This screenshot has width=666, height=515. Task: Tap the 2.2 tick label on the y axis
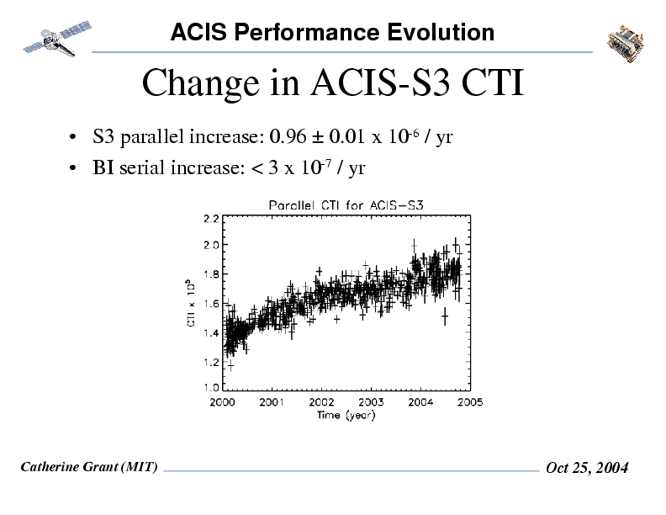click(211, 216)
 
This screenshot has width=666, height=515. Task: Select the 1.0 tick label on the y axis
click(211, 388)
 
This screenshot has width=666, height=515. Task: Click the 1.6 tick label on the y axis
click(211, 302)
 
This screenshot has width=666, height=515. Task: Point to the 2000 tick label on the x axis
click(223, 402)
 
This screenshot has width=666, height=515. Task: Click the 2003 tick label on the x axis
click(371, 402)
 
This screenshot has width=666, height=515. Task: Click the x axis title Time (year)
click(346, 414)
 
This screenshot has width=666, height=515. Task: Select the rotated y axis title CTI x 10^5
click(191, 302)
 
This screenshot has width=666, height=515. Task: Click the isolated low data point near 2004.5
click(445, 317)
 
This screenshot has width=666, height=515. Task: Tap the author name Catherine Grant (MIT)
click(88, 466)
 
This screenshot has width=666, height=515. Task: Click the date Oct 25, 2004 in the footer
click(586, 468)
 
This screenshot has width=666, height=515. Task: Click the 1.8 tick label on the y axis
click(211, 273)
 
